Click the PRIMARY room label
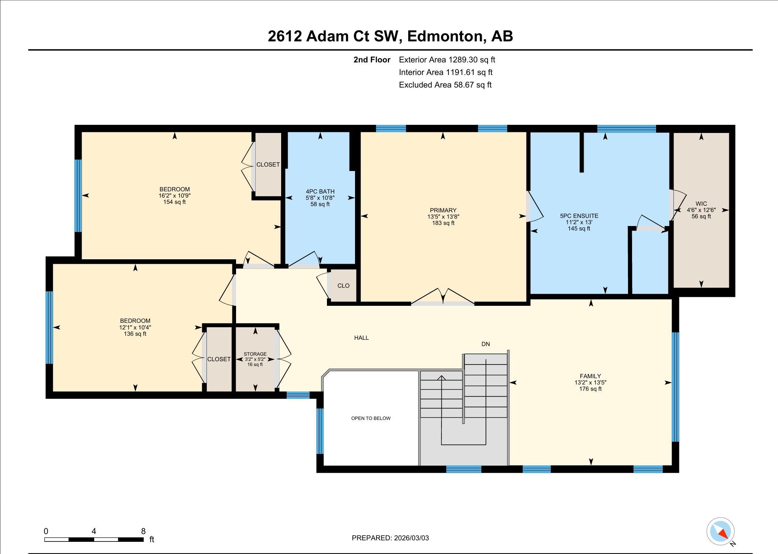pyautogui.click(x=443, y=210)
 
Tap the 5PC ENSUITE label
pyautogui.click(x=579, y=216)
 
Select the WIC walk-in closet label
pyautogui.click(x=701, y=204)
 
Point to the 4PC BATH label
pyautogui.click(x=320, y=191)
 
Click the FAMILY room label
pyautogui.click(x=590, y=376)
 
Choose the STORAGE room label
pyautogui.click(x=255, y=354)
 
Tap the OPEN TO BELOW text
pyautogui.click(x=371, y=418)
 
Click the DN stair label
pyautogui.click(x=485, y=344)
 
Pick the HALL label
pyautogui.click(x=361, y=338)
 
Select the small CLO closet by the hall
pyautogui.click(x=343, y=285)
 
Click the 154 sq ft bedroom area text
pyautogui.click(x=174, y=202)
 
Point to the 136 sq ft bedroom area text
pyautogui.click(x=135, y=334)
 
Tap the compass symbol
pyautogui.click(x=720, y=532)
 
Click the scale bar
pyautogui.click(x=94, y=540)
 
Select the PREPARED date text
pyautogui.click(x=390, y=538)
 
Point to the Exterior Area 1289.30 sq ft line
pyautogui.click(x=447, y=59)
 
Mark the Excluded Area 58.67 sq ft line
pyautogui.click(x=445, y=85)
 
